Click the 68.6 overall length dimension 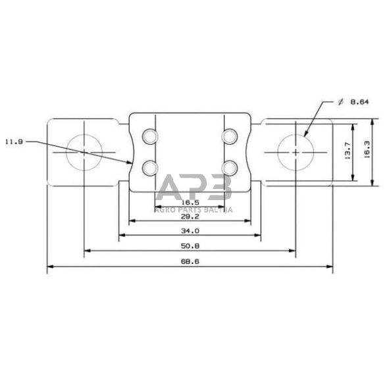pos(190,262)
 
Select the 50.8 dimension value pos(190,245)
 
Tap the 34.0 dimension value pos(190,230)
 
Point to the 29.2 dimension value pos(190,215)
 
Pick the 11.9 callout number pos(14,141)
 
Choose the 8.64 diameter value pos(359,102)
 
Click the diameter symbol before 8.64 pos(340,102)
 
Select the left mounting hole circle pos(84,152)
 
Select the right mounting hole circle pos(296,152)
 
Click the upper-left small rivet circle pos(150,136)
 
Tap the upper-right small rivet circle pos(229,136)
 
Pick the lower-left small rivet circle pos(150,167)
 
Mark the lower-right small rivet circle pos(229,167)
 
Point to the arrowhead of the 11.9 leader pos(132,162)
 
